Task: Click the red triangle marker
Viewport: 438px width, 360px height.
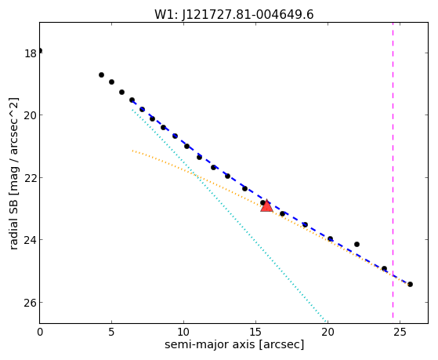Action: pyautogui.click(x=266, y=205)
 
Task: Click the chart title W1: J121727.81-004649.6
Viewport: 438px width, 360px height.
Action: pyautogui.click(x=233, y=14)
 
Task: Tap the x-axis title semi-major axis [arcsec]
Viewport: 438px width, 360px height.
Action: pyautogui.click(x=234, y=344)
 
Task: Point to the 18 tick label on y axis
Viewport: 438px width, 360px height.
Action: pyautogui.click(x=31, y=53)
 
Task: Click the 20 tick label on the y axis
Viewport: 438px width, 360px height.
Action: pyautogui.click(x=31, y=115)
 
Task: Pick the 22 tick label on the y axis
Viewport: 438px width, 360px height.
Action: pyautogui.click(x=31, y=178)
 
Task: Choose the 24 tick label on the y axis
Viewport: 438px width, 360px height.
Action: pyautogui.click(x=31, y=240)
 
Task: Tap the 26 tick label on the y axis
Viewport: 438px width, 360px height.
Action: pyautogui.click(x=31, y=303)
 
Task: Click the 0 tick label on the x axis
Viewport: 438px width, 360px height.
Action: pyautogui.click(x=40, y=333)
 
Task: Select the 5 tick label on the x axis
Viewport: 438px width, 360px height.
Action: pyautogui.click(x=112, y=333)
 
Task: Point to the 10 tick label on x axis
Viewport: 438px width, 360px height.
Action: pyautogui.click(x=183, y=333)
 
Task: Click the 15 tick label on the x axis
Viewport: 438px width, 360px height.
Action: pyautogui.click(x=255, y=333)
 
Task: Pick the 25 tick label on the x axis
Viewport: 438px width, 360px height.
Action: pyautogui.click(x=400, y=333)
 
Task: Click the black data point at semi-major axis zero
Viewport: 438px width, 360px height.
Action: pyautogui.click(x=40, y=51)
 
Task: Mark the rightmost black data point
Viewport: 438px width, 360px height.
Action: pyautogui.click(x=410, y=284)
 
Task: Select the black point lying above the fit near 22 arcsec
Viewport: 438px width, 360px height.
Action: pyautogui.click(x=357, y=244)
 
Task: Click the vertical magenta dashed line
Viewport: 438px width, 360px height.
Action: pyautogui.click(x=393, y=170)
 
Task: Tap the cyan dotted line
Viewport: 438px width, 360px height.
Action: pyautogui.click(x=229, y=216)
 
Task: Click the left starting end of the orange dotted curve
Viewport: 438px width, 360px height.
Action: pyautogui.click(x=132, y=151)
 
